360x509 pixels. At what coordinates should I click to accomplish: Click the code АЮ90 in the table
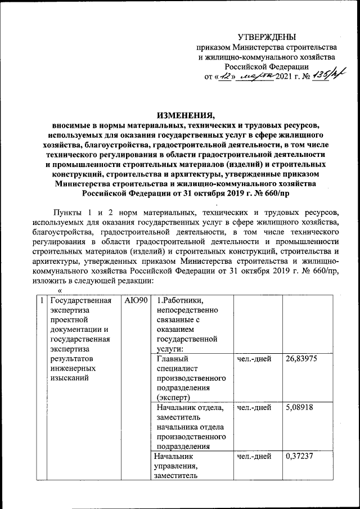(x=136, y=300)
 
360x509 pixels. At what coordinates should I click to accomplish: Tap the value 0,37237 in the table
(x=301, y=456)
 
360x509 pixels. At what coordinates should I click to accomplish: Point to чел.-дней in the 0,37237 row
(x=254, y=456)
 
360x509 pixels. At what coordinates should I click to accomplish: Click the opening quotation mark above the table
(x=60, y=290)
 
